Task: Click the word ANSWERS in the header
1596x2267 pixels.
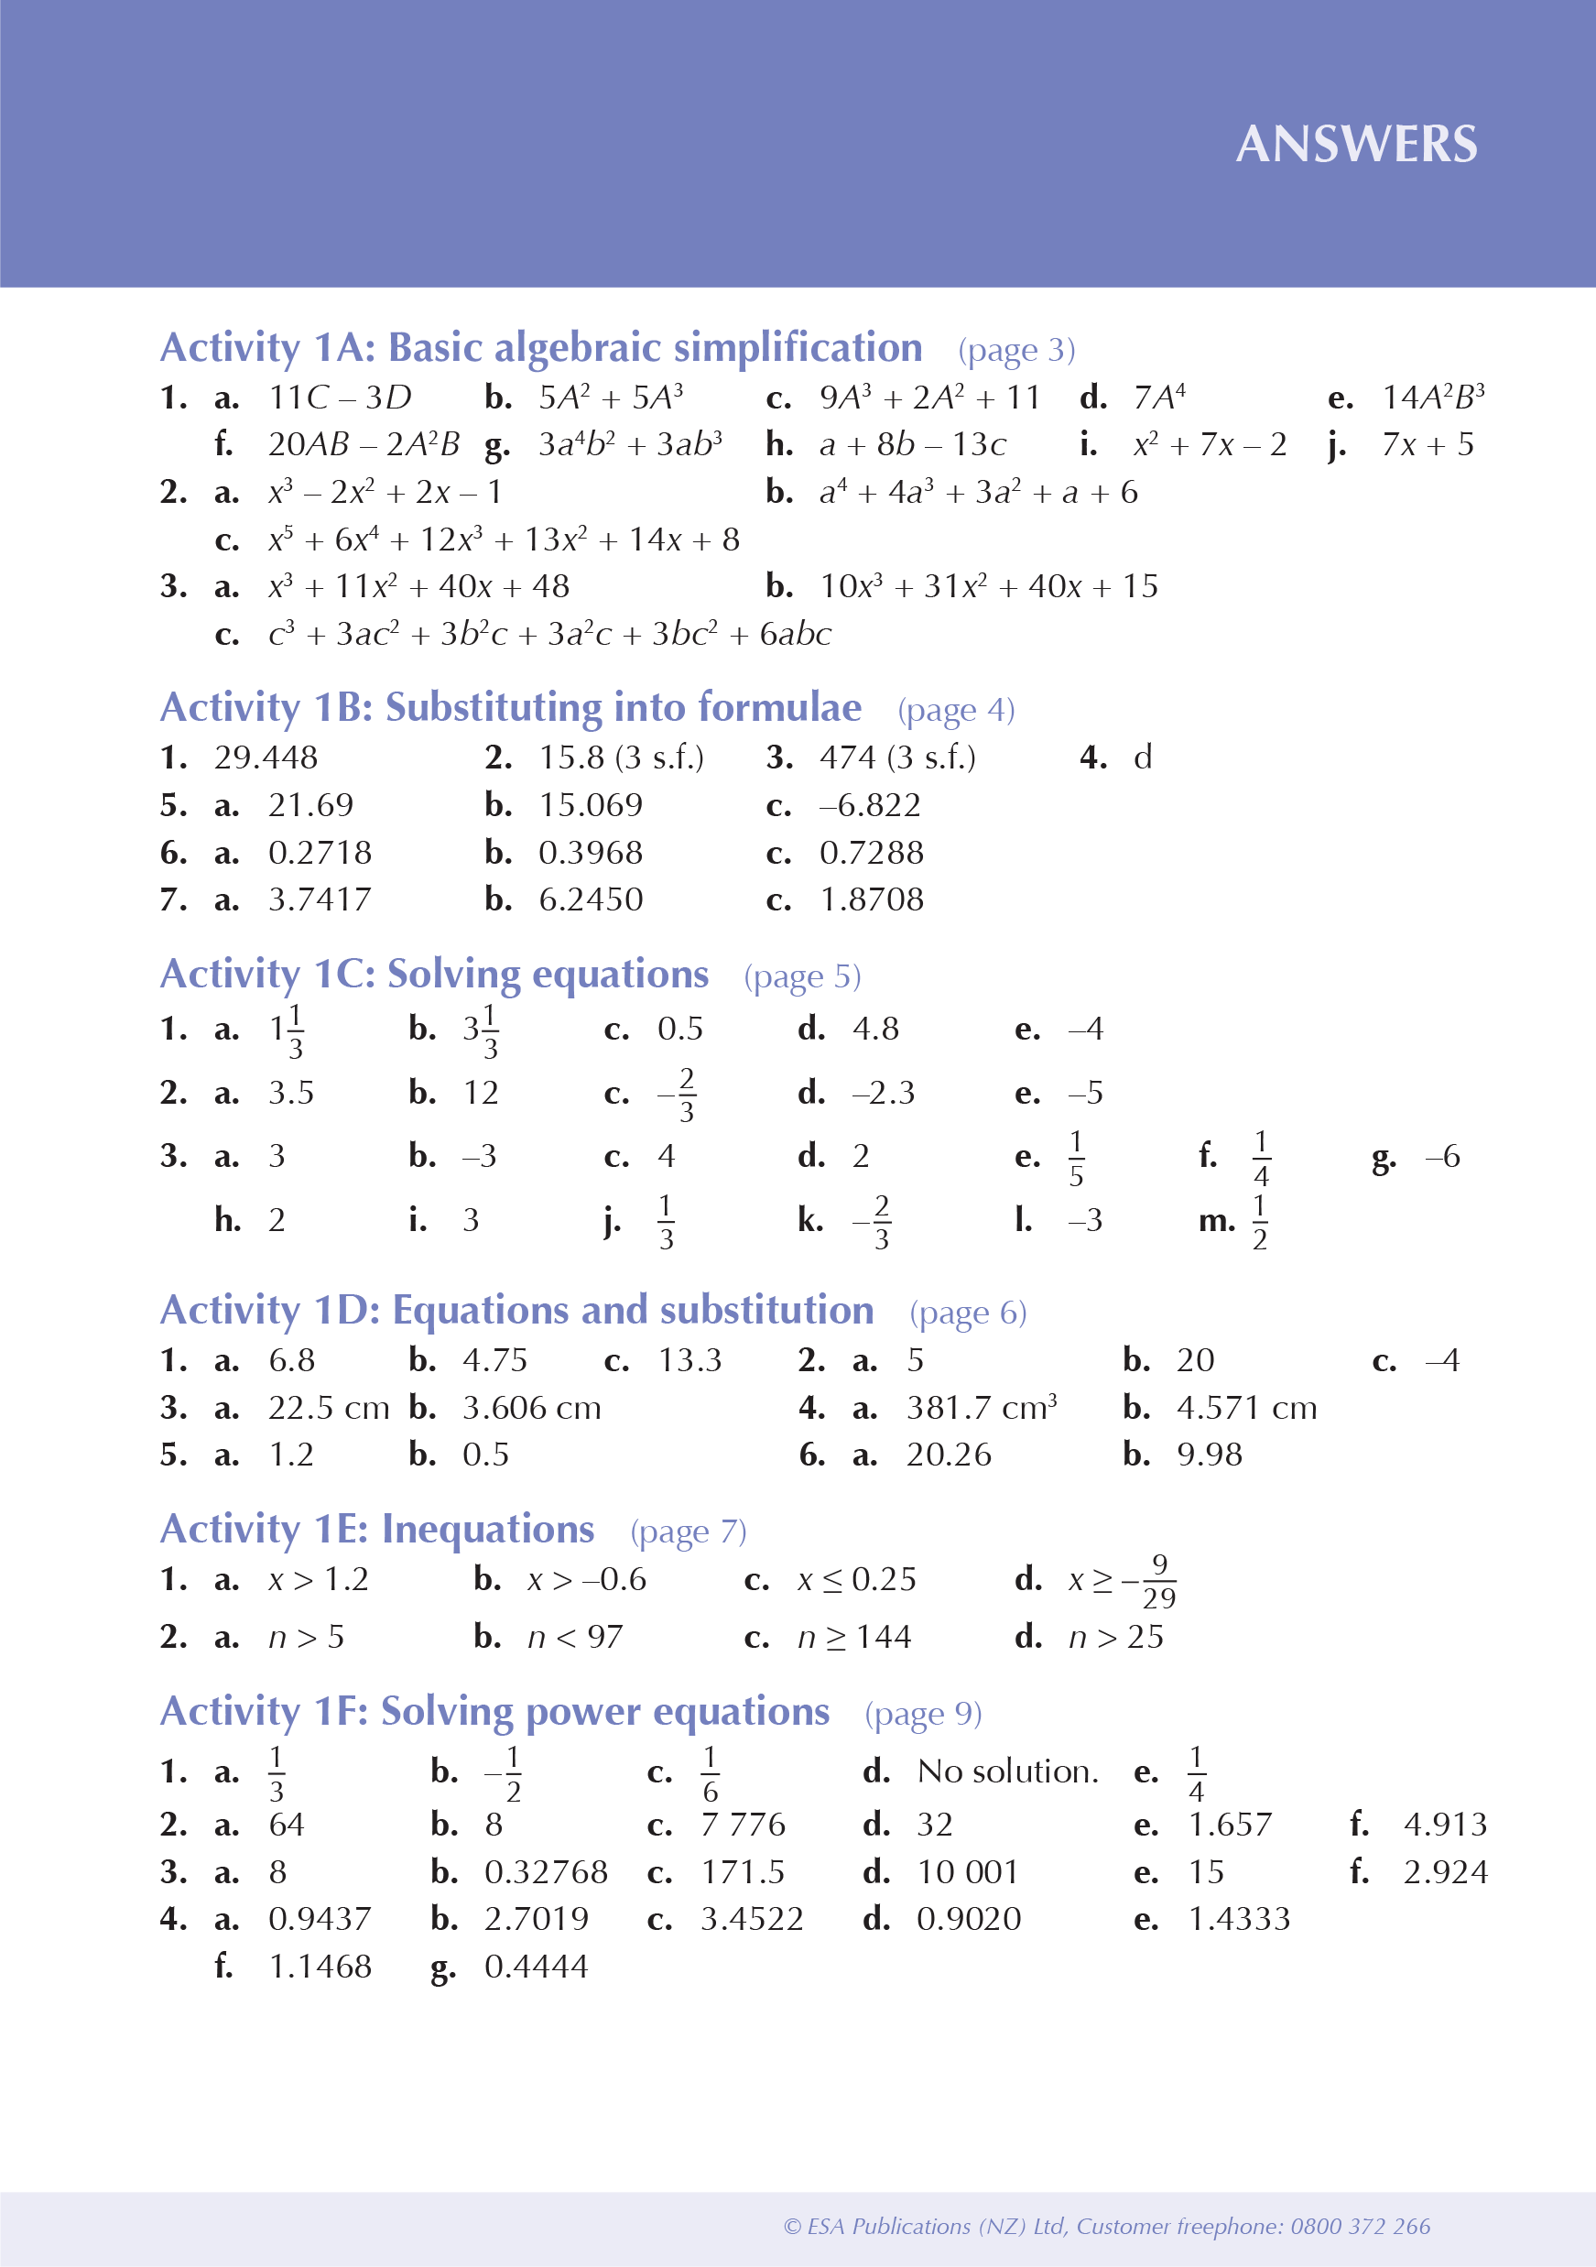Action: (1356, 144)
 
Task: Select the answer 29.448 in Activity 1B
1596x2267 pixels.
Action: (266, 757)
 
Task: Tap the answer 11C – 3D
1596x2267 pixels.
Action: (340, 397)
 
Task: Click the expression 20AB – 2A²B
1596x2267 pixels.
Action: (364, 444)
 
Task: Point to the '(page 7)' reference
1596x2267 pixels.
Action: (688, 1531)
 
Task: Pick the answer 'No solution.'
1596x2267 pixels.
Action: (1006, 1771)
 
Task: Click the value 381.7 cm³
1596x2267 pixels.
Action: (981, 1407)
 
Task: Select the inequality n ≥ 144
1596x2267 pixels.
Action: (853, 1637)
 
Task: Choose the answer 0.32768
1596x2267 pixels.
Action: (546, 1872)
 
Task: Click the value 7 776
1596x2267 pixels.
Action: (743, 1825)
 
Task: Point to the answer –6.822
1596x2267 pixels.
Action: (870, 806)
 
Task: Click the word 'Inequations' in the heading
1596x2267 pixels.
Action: (487, 1529)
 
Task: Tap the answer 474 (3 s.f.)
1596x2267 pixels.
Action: (897, 757)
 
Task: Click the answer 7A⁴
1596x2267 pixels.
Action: (1158, 397)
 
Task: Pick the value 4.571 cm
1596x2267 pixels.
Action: (1246, 1407)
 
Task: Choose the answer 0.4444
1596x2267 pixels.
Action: (536, 1967)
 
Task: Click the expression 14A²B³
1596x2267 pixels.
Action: (1432, 397)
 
